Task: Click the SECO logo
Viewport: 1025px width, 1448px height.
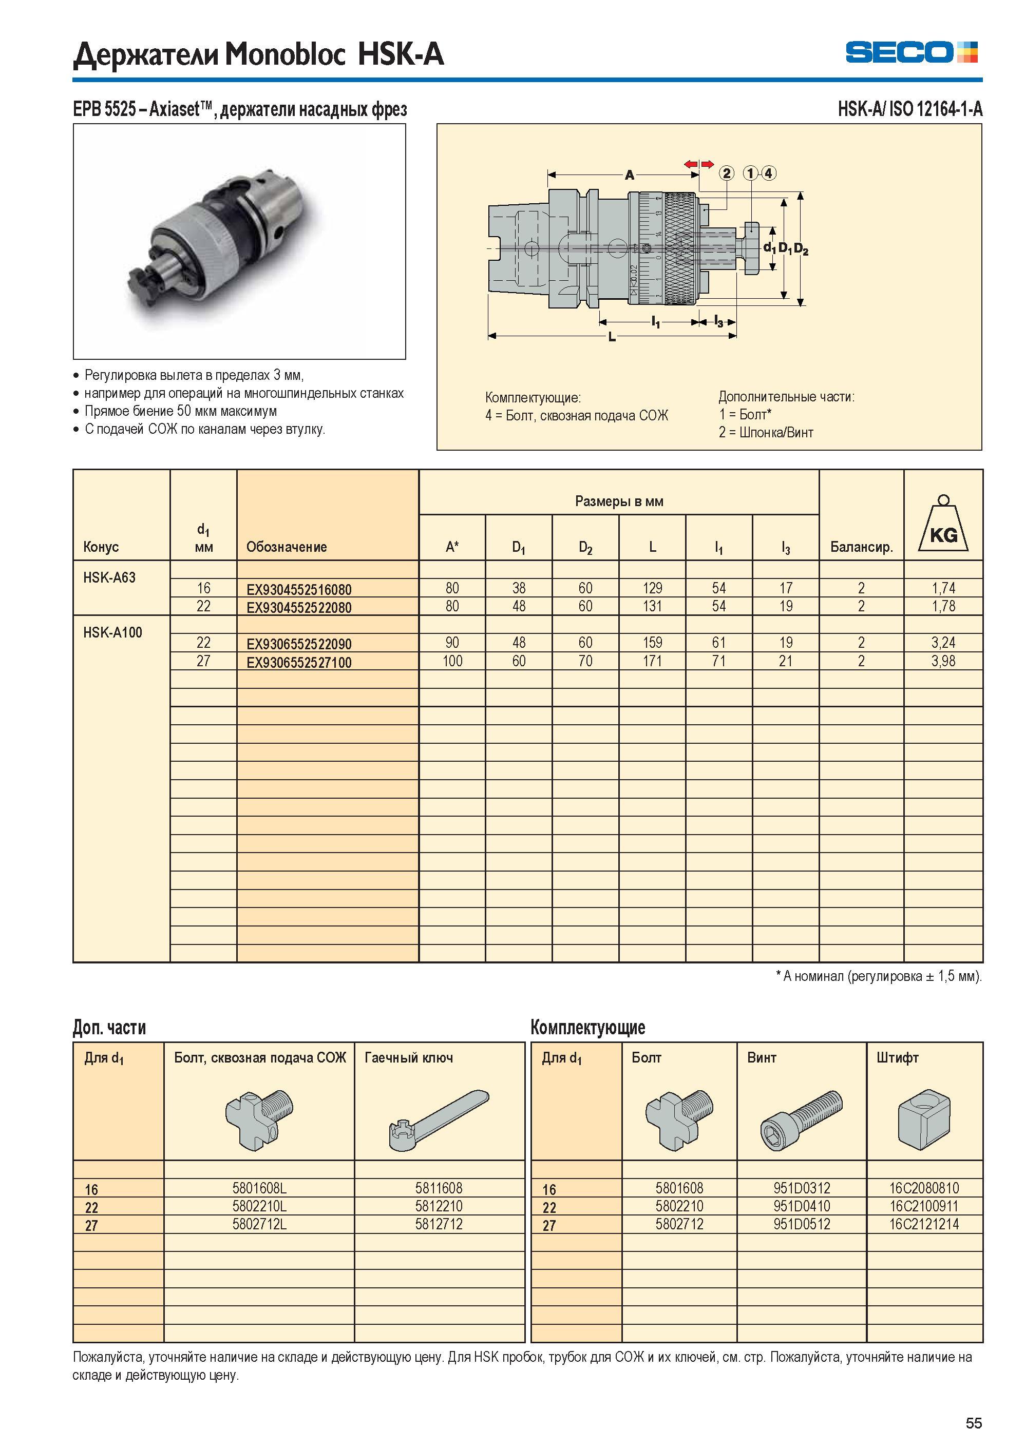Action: tap(912, 52)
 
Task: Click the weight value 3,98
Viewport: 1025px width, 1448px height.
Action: tap(943, 661)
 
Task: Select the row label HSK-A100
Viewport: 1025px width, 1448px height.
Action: tap(112, 632)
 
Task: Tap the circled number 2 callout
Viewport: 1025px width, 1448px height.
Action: tap(727, 173)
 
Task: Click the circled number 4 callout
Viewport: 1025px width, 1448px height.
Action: tap(768, 173)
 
